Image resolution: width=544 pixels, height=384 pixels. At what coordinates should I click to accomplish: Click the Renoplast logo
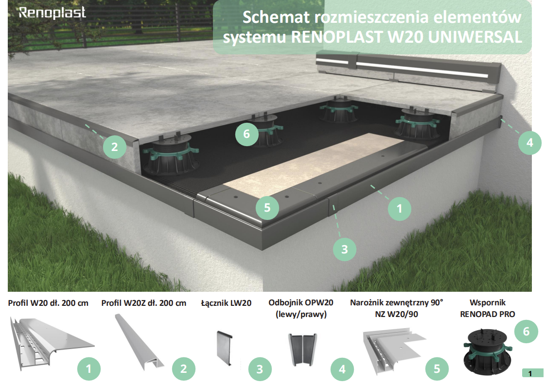pyautogui.click(x=52, y=13)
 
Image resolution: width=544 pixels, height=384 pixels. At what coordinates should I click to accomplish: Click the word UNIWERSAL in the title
pyautogui.click(x=475, y=37)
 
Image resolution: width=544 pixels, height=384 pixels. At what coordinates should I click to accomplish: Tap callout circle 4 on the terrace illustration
pyautogui.click(x=530, y=142)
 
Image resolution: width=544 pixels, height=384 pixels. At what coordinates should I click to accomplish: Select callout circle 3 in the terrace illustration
pyautogui.click(x=345, y=249)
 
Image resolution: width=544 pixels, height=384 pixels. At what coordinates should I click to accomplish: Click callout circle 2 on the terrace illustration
pyautogui.click(x=115, y=147)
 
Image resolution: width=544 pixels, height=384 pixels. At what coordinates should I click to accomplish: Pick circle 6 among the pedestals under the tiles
pyautogui.click(x=246, y=134)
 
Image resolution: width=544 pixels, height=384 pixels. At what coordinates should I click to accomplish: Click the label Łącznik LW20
pyautogui.click(x=226, y=303)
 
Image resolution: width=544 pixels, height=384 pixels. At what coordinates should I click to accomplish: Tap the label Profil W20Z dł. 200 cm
pyautogui.click(x=143, y=303)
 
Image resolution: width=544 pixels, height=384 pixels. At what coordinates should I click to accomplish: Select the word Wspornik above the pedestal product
pyautogui.click(x=488, y=302)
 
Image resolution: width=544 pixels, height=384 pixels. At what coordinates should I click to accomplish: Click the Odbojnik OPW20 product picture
pyautogui.click(x=302, y=349)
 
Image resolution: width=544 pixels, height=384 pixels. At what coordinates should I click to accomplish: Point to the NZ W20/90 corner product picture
pyautogui.click(x=394, y=352)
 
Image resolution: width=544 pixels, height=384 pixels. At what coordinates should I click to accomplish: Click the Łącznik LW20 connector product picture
pyautogui.click(x=225, y=348)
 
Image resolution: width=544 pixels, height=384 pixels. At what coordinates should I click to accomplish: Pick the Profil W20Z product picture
pyautogui.click(x=140, y=342)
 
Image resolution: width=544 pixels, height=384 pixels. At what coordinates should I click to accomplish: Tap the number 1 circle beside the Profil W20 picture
pyautogui.click(x=88, y=369)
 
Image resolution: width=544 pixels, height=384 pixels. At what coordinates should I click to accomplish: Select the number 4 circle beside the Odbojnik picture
pyautogui.click(x=342, y=369)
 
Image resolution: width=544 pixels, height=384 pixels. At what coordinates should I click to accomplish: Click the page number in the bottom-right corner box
pyautogui.click(x=530, y=373)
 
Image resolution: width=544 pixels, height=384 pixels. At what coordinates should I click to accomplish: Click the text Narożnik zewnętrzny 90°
pyautogui.click(x=397, y=302)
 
